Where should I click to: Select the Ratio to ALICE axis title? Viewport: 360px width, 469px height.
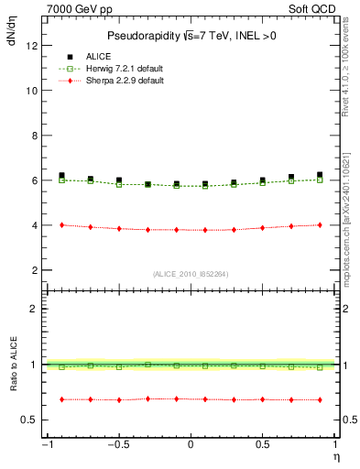click(12, 364)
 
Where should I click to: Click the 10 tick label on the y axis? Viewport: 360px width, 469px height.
click(31, 91)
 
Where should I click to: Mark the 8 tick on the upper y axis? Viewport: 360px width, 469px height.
click(34, 136)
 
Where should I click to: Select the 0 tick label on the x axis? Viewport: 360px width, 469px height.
click(191, 445)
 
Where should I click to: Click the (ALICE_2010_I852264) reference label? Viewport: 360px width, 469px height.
click(191, 274)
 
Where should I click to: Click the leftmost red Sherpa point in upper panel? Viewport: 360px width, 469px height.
click(61, 224)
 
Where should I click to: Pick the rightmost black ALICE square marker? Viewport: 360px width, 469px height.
click(320, 174)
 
